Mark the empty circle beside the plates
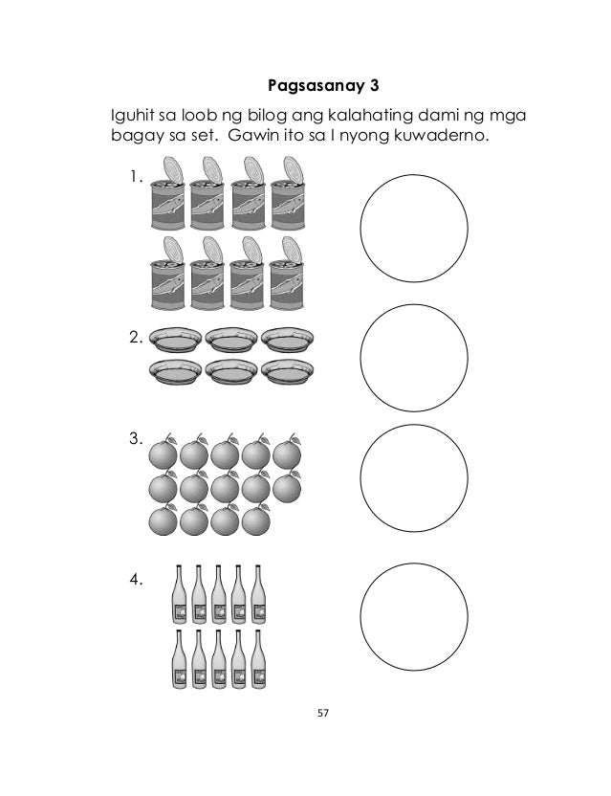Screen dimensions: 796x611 click(x=414, y=357)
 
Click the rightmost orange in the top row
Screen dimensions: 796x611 click(x=288, y=453)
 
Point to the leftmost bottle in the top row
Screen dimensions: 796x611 click(x=179, y=595)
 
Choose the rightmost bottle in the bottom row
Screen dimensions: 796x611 click(x=254, y=659)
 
